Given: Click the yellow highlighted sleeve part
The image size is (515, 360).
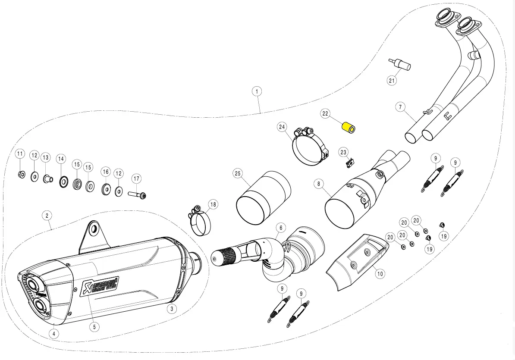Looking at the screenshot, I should [x=349, y=128].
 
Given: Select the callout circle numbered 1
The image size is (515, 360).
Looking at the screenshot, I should [x=257, y=91].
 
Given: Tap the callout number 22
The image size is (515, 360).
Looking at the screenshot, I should [x=325, y=114].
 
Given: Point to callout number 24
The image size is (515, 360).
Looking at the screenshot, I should [x=282, y=127].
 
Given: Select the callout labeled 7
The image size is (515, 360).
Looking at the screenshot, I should [x=400, y=106].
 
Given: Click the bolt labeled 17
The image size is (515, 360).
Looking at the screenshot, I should [x=137, y=195].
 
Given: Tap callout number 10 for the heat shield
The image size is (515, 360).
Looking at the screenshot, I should [x=379, y=273].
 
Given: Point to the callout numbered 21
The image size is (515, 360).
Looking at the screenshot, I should [x=391, y=80].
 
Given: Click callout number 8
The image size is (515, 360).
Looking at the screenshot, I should [x=319, y=184].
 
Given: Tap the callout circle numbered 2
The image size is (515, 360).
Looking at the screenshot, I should [x=47, y=215].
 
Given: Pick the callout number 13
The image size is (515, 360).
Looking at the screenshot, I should [x=46, y=157].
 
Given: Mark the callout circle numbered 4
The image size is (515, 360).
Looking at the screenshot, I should [x=53, y=333].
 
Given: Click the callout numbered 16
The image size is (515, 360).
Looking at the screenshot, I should [x=106, y=172].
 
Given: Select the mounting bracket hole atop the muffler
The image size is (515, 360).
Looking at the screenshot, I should [x=93, y=228].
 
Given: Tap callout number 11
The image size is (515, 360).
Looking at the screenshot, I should [x=20, y=154].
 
